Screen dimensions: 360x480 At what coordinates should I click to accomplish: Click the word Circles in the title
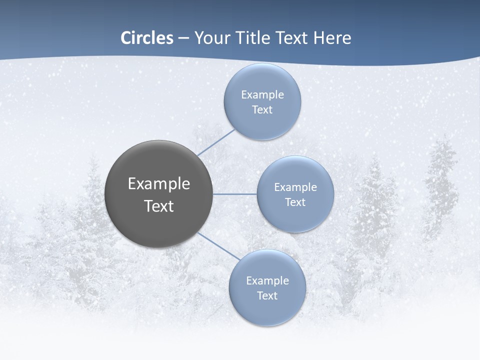[x=147, y=38]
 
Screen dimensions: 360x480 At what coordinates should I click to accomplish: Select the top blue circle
[x=262, y=122]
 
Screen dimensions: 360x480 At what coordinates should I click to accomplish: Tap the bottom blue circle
[x=267, y=310]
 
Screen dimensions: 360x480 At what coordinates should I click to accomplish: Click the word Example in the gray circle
[x=159, y=184]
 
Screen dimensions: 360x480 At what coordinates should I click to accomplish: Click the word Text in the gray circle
[x=159, y=206]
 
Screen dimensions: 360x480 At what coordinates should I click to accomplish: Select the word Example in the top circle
[x=262, y=95]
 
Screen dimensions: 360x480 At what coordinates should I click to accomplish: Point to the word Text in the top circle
[x=262, y=110]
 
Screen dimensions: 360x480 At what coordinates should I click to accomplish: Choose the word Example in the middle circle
[x=295, y=187]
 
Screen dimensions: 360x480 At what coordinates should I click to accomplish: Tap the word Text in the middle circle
[x=295, y=202]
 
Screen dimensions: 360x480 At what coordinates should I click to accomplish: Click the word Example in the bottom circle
[x=267, y=281]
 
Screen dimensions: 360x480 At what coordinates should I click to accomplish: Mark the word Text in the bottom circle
[x=267, y=296]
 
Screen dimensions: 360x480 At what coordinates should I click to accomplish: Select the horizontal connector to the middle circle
[x=235, y=194]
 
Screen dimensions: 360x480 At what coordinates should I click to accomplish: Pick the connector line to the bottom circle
[x=218, y=246]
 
